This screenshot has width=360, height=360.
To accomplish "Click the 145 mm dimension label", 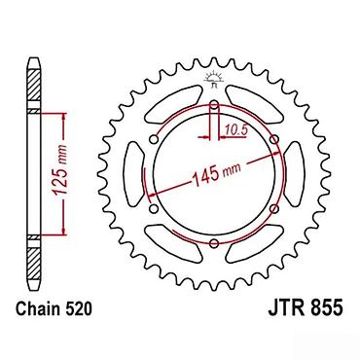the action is point(217,173).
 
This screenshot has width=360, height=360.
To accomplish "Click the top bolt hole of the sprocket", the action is point(214,104).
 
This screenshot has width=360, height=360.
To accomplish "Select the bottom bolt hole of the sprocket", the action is point(214,243).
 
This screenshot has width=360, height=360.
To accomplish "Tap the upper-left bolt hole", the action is point(154,139).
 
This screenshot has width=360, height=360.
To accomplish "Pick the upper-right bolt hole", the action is point(274,139).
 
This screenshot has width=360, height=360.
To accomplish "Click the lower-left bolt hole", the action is point(154,208).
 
